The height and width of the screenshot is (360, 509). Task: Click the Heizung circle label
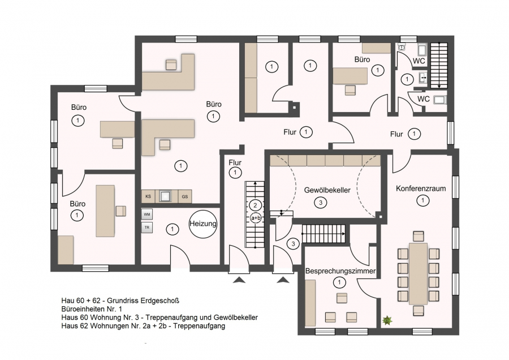(x=203, y=224)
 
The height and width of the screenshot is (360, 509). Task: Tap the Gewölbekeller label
(x=327, y=190)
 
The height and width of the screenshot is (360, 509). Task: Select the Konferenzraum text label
(x=421, y=188)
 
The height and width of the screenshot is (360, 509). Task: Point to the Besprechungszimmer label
(x=340, y=271)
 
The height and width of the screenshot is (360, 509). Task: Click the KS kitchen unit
(x=148, y=196)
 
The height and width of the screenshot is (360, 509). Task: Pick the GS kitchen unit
(x=185, y=196)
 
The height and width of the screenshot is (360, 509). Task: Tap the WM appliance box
(x=146, y=215)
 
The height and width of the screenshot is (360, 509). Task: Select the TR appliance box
(x=146, y=228)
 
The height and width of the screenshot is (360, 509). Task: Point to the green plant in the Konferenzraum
(x=387, y=321)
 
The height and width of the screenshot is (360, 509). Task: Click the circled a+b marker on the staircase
(x=256, y=217)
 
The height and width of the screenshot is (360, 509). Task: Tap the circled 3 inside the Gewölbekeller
(x=321, y=203)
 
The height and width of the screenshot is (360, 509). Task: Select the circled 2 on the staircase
(x=256, y=205)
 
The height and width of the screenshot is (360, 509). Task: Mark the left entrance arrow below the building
(x=239, y=280)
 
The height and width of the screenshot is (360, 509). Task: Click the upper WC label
(x=419, y=61)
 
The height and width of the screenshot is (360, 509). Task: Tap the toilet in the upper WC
(x=402, y=48)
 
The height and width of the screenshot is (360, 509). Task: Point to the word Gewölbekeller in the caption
(x=236, y=318)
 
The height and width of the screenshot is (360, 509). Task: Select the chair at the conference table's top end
(x=419, y=236)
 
